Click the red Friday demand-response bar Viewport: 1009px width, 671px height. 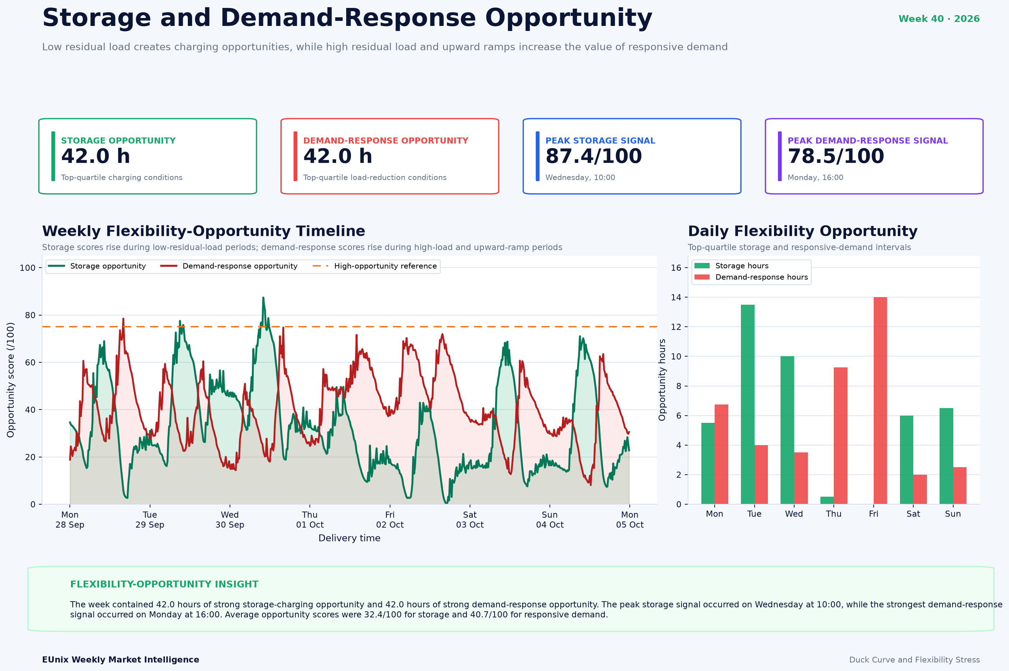880,401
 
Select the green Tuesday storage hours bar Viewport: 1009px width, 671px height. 748,404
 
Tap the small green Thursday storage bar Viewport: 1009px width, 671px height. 827,500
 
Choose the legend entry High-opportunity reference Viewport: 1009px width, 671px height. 375,266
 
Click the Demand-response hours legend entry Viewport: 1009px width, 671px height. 751,277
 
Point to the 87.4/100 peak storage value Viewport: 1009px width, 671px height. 593,156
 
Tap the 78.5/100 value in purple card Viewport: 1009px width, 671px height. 836,156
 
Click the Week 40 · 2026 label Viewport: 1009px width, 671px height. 939,19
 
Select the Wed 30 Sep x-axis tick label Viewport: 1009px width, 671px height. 230,519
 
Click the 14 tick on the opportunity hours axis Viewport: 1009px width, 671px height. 676,297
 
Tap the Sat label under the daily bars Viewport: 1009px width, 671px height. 913,514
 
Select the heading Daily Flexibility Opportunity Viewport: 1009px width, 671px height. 802,231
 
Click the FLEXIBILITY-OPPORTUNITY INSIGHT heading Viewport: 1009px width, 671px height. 164,585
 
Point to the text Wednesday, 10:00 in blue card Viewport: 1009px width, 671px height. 580,178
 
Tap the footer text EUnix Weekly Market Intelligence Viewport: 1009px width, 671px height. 121,660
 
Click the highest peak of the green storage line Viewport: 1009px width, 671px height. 263,298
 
